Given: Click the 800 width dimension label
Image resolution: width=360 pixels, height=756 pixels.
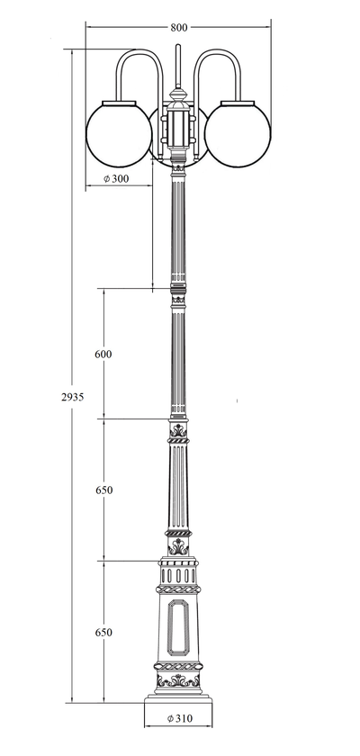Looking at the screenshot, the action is point(178,28).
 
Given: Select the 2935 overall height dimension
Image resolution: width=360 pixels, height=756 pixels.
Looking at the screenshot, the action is point(72,397).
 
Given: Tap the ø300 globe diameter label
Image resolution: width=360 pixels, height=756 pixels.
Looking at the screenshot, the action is point(116,178).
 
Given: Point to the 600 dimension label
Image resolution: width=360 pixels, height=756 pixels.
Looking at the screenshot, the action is point(103,354).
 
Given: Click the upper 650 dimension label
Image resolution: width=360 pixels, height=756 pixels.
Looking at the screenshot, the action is point(103,490).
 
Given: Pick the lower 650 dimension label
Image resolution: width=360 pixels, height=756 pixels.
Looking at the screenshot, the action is point(103,632).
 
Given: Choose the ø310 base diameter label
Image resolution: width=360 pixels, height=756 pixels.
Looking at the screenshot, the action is point(180,718).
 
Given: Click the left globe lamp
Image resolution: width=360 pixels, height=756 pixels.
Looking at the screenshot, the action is point(119,134).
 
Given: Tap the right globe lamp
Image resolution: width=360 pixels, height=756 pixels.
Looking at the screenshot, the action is point(238,134).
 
